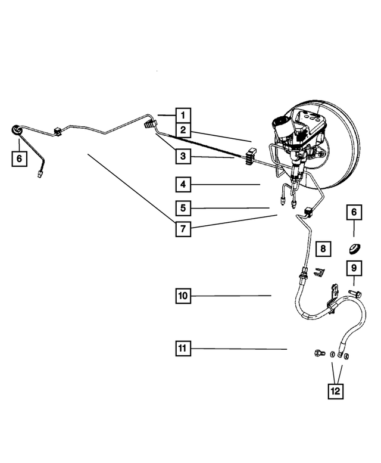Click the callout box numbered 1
coord(183,114)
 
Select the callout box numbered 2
coord(183,129)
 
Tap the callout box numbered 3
coord(183,157)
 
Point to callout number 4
coord(183,185)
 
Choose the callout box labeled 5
coord(183,208)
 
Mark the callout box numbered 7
coord(183,228)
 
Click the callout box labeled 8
coord(321,248)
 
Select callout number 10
coord(183,295)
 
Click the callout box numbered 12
coord(336,391)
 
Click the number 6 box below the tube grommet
coord(19,159)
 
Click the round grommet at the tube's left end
coord(17,131)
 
